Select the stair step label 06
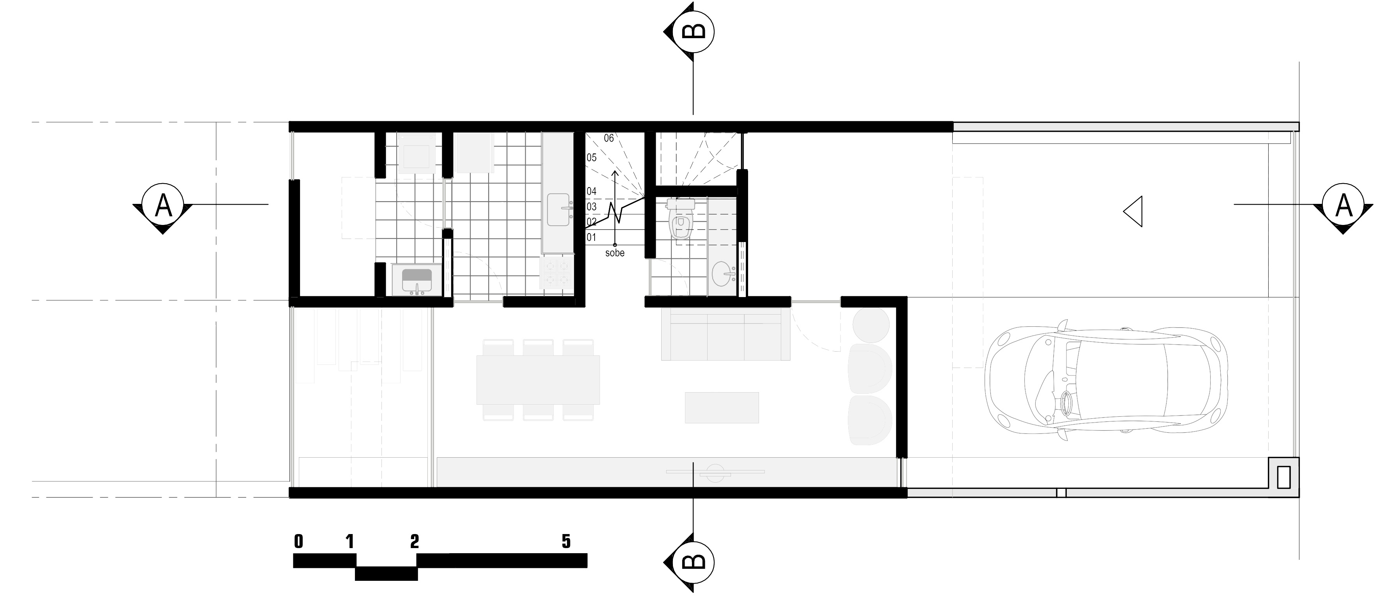(609, 138)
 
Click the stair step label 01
(591, 237)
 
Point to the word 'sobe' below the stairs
(615, 253)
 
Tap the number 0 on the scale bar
(298, 541)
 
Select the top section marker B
(690, 31)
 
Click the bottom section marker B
(690, 561)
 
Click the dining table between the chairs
(538, 379)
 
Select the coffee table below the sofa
(722, 407)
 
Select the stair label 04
(591, 191)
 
